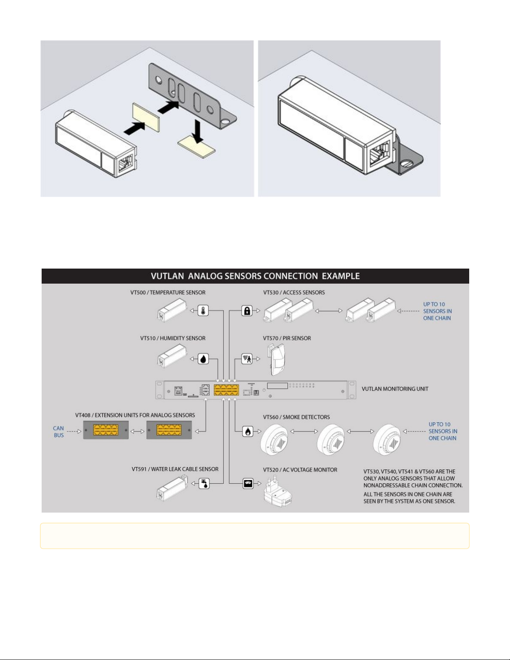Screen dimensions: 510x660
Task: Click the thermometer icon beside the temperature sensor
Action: [203, 311]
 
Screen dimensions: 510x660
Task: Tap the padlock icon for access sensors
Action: [247, 311]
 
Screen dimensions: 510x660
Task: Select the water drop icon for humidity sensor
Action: [203, 359]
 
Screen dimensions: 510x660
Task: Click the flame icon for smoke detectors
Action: [248, 431]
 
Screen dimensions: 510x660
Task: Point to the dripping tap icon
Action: [204, 483]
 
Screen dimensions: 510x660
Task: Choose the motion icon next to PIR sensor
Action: [247, 359]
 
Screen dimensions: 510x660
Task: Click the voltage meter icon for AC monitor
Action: [248, 483]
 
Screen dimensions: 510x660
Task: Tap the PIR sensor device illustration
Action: [276, 360]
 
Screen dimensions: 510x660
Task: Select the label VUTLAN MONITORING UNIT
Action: [395, 389]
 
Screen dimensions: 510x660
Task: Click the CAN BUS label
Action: [59, 431]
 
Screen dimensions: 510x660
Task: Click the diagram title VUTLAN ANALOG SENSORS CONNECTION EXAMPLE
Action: [255, 276]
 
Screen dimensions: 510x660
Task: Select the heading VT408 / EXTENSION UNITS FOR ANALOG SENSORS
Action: [135, 415]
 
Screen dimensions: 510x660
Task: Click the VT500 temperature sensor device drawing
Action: [172, 310]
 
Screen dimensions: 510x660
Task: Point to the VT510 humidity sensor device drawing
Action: [172, 356]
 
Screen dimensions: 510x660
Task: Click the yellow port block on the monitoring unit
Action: [226, 390]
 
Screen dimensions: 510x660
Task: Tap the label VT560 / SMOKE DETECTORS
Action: [296, 417]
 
